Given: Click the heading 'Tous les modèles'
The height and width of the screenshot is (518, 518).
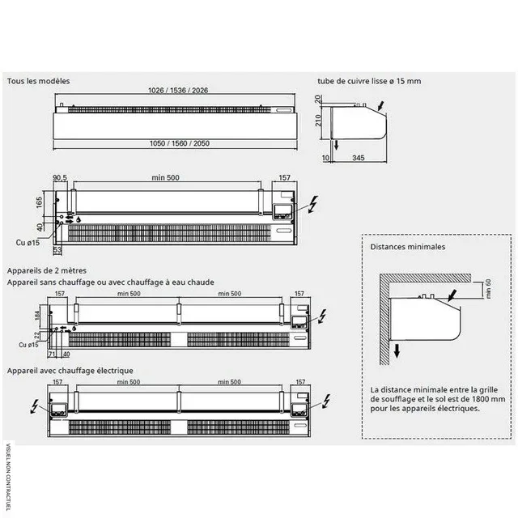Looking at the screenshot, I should coord(39,82).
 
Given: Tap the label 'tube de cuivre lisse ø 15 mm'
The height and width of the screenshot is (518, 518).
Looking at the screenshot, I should coord(370,82).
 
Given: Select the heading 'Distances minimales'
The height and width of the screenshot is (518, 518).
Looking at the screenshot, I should coord(401,246).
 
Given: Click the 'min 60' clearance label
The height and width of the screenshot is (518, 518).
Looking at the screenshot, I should coord(489,287).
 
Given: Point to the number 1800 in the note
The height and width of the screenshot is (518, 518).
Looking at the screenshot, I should coord(478,399).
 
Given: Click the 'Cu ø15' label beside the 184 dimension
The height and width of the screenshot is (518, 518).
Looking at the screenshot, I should coord(28,346).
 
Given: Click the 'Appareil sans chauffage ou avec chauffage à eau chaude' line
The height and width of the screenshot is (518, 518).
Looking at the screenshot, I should coord(110,282).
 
